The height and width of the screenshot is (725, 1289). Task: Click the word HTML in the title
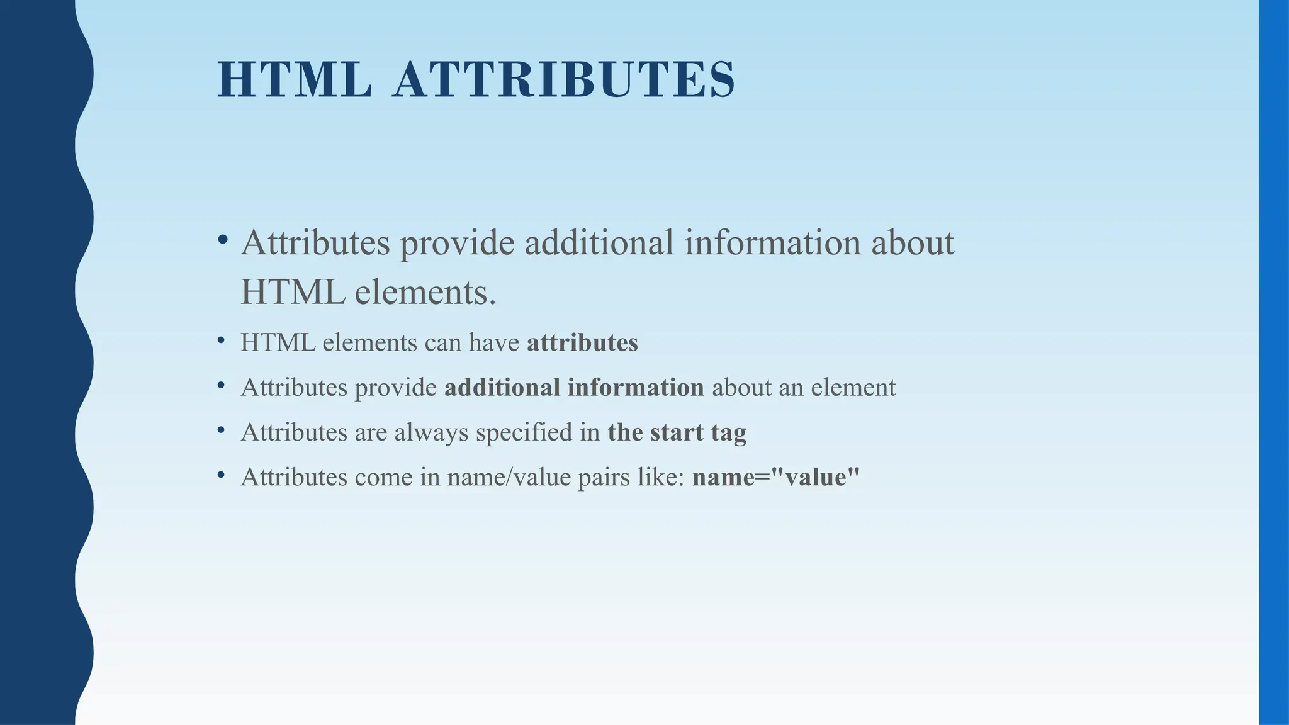(295, 80)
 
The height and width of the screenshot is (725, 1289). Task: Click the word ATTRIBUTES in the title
(563, 80)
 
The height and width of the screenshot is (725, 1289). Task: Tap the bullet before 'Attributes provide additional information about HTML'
(222, 239)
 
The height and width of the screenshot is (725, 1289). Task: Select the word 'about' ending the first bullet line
(913, 243)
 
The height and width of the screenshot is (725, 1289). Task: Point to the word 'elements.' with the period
(425, 293)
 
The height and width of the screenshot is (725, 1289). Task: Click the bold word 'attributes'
(582, 343)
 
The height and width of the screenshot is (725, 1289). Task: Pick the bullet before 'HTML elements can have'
(221, 340)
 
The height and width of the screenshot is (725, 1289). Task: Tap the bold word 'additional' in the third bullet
(502, 388)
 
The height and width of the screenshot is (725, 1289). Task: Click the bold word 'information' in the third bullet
(635, 388)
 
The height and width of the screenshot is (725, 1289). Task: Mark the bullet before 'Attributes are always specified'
(221, 430)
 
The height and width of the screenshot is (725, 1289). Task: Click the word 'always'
(431, 433)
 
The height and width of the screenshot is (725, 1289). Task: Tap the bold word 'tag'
(729, 433)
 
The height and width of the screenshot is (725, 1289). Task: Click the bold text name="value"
(775, 477)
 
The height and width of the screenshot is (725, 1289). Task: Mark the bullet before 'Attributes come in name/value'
(221, 475)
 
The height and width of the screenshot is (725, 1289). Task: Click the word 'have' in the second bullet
(494, 343)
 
